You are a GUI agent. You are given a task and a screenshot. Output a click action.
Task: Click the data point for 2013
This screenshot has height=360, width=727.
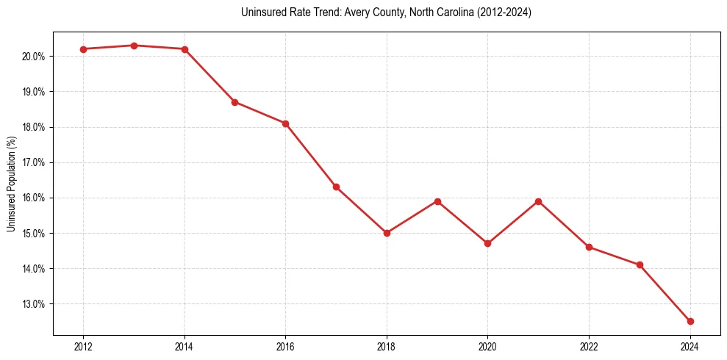click(x=134, y=46)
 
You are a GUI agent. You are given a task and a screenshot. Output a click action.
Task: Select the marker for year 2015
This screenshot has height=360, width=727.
click(x=234, y=102)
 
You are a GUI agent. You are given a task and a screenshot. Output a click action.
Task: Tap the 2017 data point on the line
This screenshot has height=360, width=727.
click(x=336, y=187)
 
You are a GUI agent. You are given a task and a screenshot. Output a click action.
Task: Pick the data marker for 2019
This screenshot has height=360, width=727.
click(x=437, y=201)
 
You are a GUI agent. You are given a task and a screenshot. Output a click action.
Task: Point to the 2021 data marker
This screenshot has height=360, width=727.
click(x=538, y=201)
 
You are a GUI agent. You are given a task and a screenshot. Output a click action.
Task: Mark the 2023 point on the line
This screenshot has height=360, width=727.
click(x=640, y=264)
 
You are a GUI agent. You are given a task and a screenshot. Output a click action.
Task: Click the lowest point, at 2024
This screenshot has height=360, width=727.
click(x=690, y=321)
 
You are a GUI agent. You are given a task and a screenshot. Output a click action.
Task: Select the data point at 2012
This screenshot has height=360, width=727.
click(x=83, y=49)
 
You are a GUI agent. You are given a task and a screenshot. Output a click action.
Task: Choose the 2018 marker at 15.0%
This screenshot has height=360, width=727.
click(x=387, y=233)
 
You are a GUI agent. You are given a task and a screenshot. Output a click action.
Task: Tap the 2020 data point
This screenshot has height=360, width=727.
click(x=487, y=243)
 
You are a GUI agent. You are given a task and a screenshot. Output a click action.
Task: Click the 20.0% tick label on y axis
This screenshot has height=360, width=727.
click(x=35, y=57)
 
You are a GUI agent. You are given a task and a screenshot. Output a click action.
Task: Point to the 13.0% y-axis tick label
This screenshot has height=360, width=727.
click(x=35, y=304)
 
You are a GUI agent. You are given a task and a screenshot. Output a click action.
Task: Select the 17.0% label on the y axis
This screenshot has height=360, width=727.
click(x=35, y=162)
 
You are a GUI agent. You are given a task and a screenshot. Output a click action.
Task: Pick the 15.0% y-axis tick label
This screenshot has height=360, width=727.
click(x=35, y=234)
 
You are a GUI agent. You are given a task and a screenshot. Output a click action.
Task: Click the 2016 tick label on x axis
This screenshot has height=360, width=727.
click(x=285, y=347)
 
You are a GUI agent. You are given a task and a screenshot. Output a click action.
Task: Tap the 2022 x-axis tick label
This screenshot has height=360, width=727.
click(x=589, y=347)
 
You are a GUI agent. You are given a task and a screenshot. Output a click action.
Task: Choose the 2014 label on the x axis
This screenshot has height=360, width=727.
click(x=185, y=347)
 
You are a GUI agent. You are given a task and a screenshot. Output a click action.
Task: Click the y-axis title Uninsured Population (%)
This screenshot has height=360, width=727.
click(x=12, y=183)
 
